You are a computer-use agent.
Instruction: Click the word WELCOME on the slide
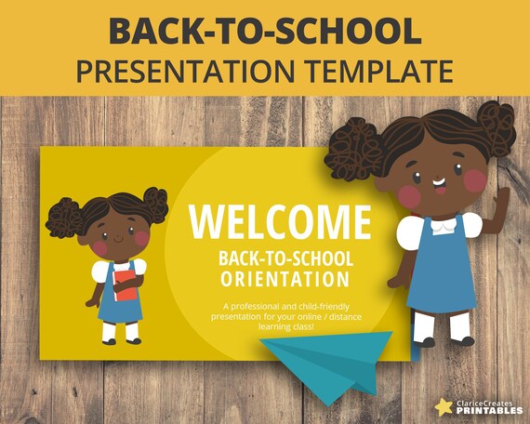pos(279,222)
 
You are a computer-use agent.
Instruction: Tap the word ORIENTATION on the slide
pos(285,279)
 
